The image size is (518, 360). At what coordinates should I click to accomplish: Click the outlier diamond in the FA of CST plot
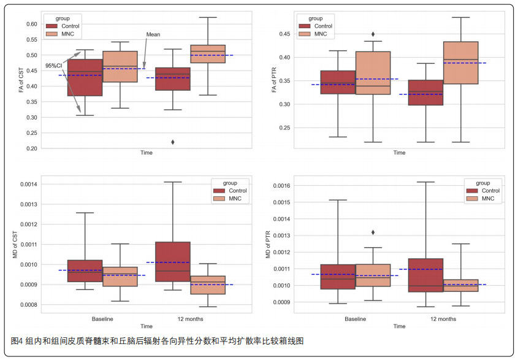(173, 142)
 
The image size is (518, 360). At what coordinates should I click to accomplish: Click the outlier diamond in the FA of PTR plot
(373, 34)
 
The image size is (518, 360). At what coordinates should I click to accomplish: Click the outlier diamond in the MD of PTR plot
(373, 232)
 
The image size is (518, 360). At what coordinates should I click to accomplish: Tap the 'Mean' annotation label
(153, 35)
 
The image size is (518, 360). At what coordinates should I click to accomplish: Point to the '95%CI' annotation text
(54, 66)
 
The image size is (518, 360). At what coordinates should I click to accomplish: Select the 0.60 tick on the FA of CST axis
(32, 24)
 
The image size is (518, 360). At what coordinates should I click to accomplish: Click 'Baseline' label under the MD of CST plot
(102, 319)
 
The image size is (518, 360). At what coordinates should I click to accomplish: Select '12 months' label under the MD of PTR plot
(443, 319)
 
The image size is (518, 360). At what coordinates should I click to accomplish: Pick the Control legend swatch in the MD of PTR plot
(471, 191)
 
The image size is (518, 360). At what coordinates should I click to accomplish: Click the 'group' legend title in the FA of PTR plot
(316, 18)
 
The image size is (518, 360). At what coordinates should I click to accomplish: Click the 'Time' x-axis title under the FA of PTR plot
(399, 153)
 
